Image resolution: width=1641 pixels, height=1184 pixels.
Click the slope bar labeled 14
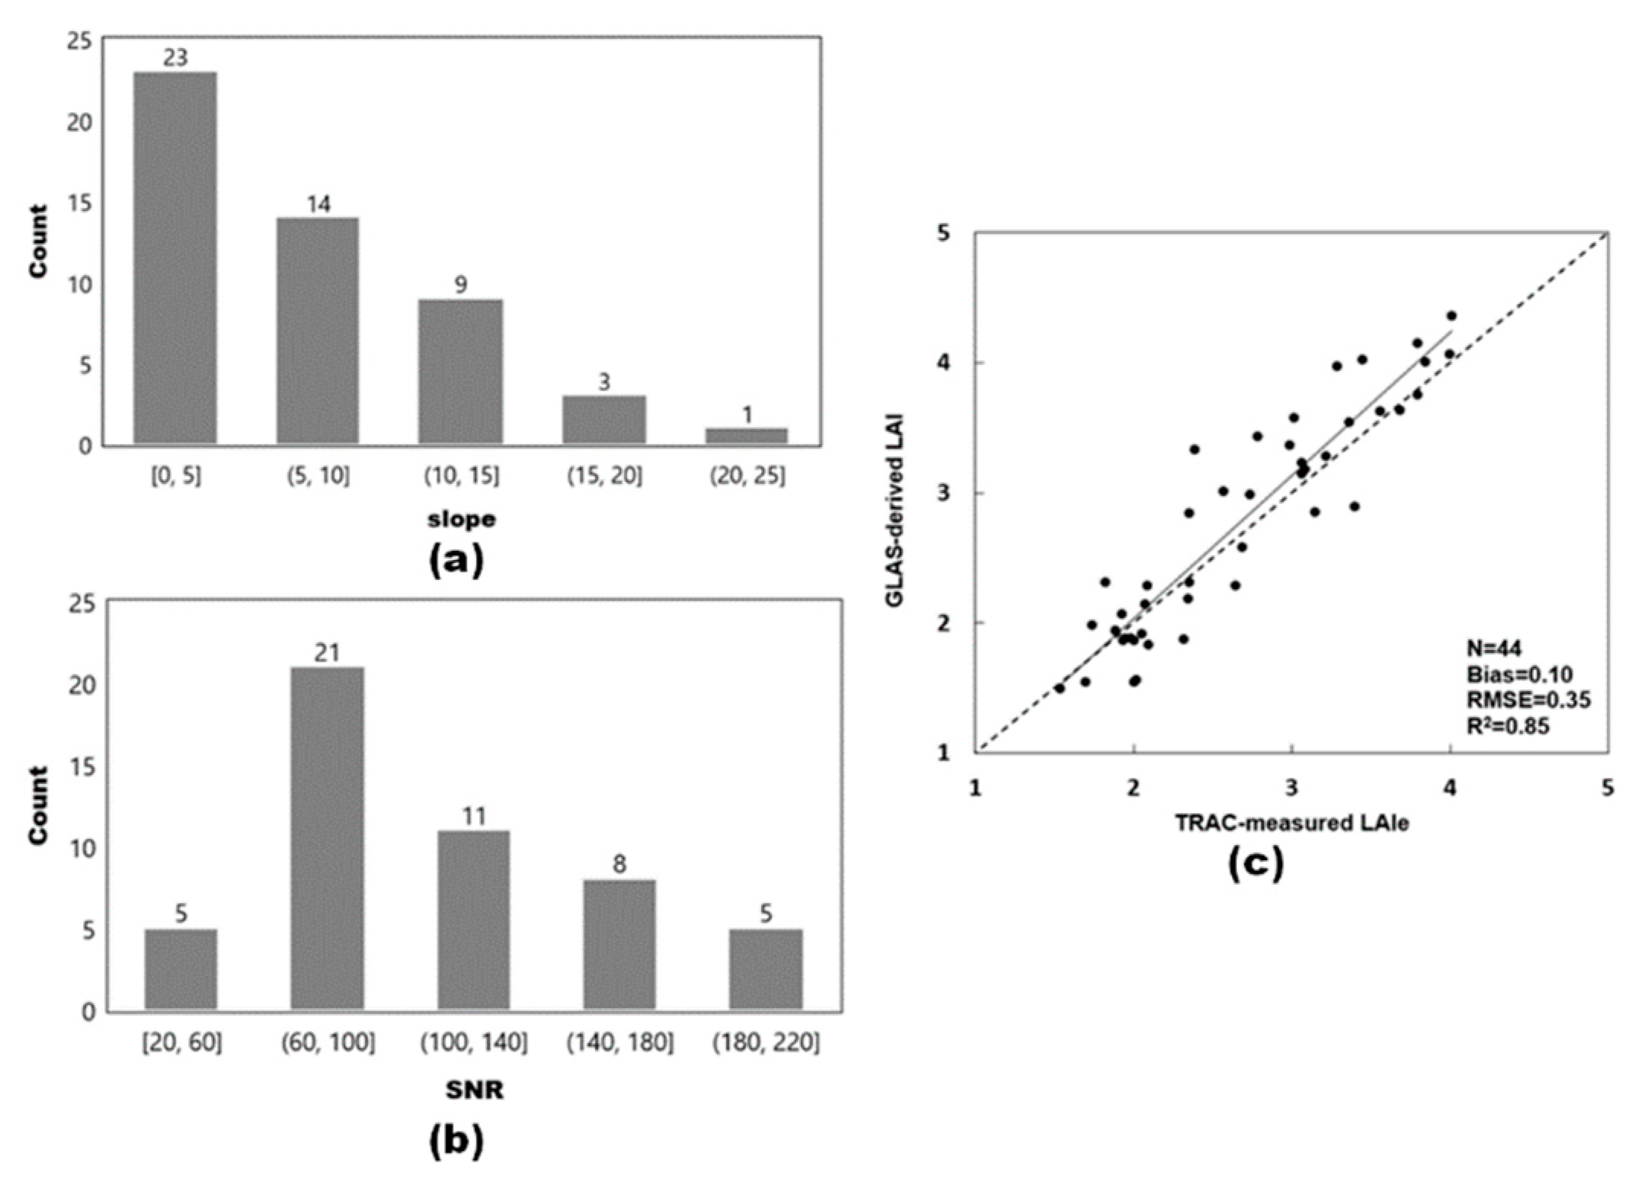click(x=318, y=331)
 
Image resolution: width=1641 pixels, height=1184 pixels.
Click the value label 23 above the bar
click(x=175, y=58)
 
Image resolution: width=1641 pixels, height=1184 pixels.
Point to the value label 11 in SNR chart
click(x=473, y=816)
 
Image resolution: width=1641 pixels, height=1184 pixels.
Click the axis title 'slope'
click(x=462, y=520)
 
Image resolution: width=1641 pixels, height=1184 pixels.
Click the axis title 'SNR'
click(x=474, y=1090)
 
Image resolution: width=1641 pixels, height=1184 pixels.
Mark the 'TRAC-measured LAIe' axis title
click(x=1292, y=824)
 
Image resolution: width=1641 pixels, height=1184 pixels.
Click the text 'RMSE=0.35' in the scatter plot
click(x=1528, y=699)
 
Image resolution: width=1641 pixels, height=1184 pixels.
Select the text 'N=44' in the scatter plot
click(x=1494, y=648)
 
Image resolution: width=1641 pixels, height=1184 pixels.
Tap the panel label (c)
click(x=1256, y=862)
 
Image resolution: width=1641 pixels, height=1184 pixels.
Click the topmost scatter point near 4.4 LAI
click(x=1451, y=315)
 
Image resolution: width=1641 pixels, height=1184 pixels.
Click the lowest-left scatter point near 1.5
click(x=1060, y=688)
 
